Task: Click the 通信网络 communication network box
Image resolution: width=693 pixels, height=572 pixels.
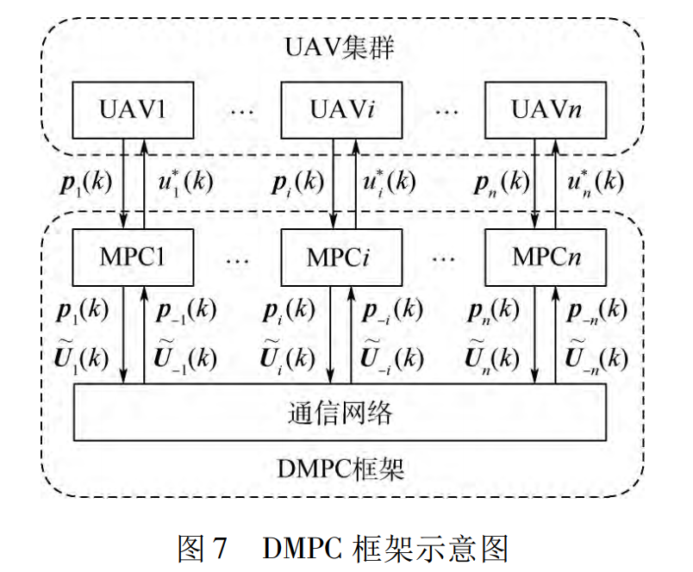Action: (x=340, y=413)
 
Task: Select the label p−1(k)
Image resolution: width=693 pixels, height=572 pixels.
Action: (x=186, y=311)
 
